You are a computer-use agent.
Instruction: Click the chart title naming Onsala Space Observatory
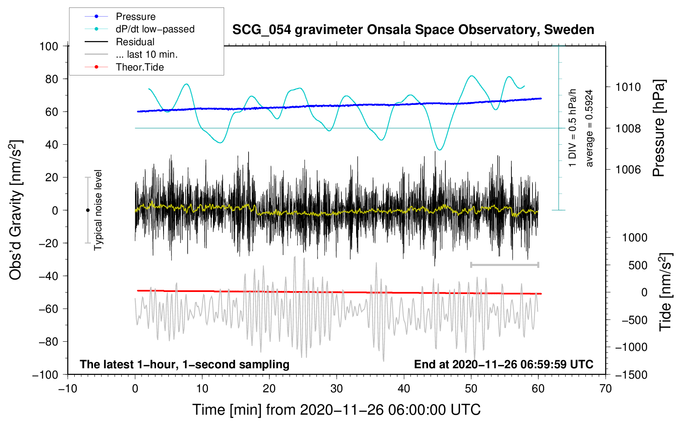413,30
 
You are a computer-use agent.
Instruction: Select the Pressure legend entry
135,17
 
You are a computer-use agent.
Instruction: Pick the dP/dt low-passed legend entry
155,29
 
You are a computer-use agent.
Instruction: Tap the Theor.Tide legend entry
139,67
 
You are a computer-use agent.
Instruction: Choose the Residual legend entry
135,42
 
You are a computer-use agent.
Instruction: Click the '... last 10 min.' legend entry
147,54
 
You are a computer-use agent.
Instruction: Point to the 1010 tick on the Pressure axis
628,87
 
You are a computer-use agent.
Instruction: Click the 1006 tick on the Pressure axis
628,169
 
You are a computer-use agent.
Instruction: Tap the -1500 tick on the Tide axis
631,374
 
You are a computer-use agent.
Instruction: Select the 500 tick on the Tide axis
638,265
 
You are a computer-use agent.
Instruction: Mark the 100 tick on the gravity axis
49,46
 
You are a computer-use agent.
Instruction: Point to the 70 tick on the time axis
606,389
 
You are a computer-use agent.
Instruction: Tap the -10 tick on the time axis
68,389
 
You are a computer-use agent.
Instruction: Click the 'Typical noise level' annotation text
98,210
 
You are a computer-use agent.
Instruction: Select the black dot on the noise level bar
88,210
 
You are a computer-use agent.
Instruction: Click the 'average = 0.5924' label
589,128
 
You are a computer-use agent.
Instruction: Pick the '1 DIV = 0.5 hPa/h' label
573,128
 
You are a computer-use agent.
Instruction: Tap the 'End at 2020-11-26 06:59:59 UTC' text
503,364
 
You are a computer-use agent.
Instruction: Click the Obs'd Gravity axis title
16,210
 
